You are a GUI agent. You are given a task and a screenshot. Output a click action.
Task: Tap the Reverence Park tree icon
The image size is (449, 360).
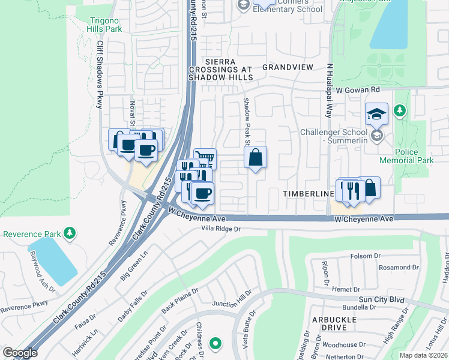tap(70, 233)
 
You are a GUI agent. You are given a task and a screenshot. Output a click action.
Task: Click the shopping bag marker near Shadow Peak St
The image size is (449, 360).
tap(256, 158)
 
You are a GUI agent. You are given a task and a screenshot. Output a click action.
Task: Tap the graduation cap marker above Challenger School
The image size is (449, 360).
tap(376, 113)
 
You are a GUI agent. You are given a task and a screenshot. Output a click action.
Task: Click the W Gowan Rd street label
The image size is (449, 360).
tap(358, 89)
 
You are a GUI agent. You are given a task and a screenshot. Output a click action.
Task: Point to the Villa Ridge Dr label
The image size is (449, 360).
tap(220, 229)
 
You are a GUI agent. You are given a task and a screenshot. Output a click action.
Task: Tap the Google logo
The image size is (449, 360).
tap(20, 353)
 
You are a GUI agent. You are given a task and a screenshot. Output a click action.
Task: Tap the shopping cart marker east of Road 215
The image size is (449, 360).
tap(205, 159)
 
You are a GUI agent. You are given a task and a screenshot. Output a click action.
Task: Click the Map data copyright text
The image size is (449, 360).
tap(423, 355)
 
